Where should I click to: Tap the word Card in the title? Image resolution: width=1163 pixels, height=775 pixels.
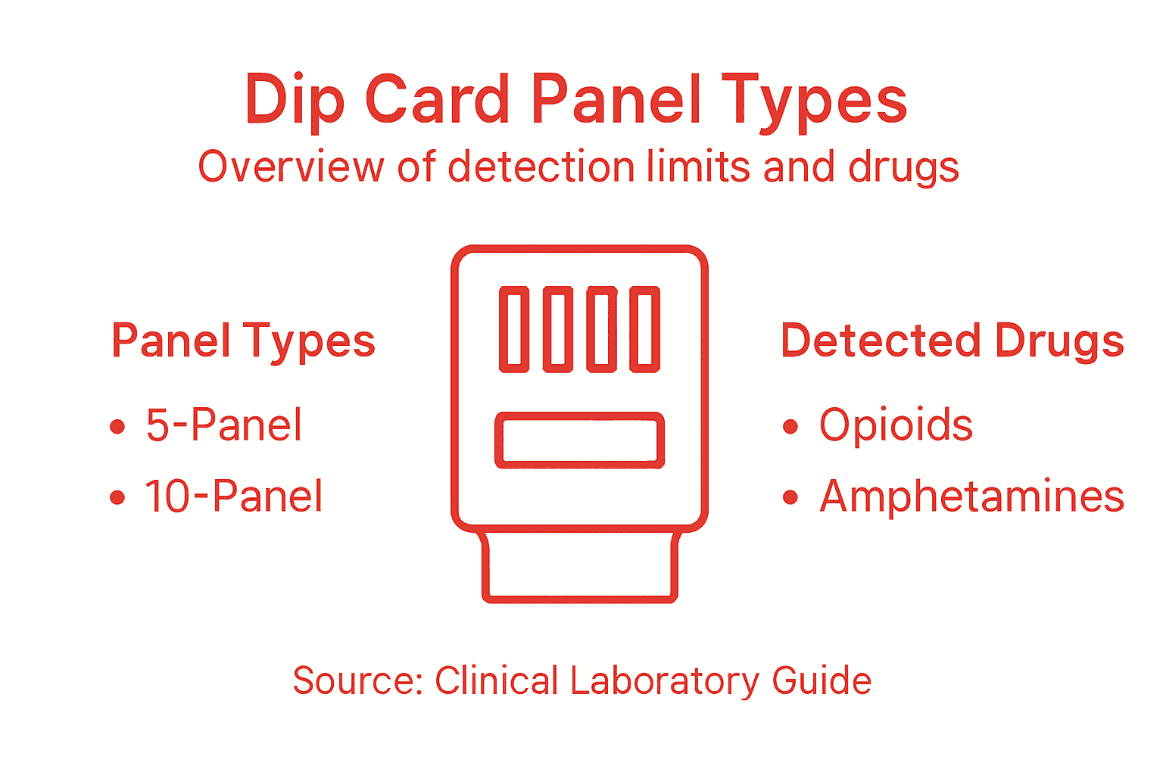click(x=438, y=99)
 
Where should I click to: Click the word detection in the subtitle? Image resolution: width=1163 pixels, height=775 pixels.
click(x=541, y=167)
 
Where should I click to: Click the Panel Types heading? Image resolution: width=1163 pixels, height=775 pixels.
click(x=243, y=341)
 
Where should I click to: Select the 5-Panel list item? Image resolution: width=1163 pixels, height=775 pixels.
click(x=224, y=425)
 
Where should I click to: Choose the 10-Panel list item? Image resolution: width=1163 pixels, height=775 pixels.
click(x=234, y=496)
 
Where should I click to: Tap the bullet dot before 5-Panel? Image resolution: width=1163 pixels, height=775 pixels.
click(x=117, y=427)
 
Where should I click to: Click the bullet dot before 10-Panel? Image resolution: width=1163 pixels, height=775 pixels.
click(x=117, y=497)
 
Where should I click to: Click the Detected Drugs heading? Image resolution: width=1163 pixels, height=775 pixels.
click(x=952, y=341)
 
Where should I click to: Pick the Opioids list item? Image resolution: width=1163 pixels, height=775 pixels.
click(x=896, y=425)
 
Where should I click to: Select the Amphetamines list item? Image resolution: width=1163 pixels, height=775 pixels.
click(x=972, y=496)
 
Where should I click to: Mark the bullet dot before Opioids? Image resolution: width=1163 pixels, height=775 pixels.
click(x=790, y=427)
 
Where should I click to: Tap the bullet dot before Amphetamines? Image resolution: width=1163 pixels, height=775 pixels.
click(x=790, y=497)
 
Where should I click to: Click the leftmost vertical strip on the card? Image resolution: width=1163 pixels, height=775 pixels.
click(x=514, y=329)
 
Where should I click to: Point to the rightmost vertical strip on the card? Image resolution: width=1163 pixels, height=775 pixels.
click(x=645, y=329)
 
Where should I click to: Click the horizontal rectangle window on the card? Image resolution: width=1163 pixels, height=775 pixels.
click(x=580, y=440)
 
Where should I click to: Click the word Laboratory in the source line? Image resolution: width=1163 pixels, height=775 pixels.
click(x=664, y=680)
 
